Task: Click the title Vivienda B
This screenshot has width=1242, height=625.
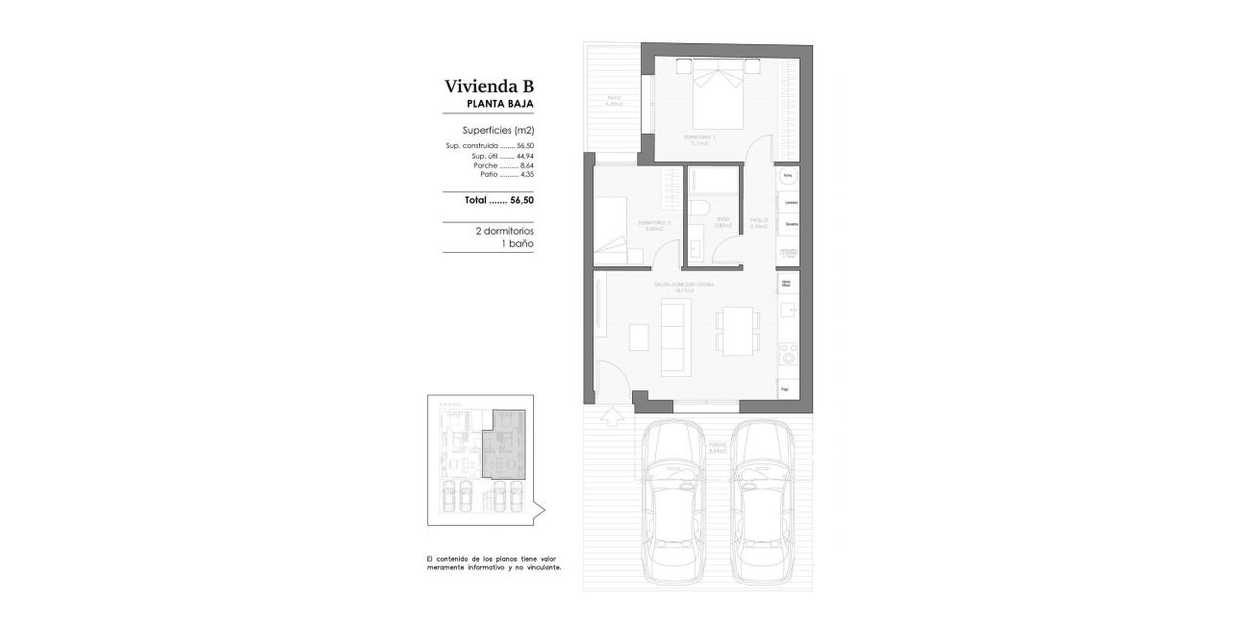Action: pos(489,85)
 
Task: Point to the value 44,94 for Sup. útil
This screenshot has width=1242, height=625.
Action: pos(524,156)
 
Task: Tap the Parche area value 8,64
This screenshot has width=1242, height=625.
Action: pos(524,165)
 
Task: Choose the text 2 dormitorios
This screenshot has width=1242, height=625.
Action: pos(504,232)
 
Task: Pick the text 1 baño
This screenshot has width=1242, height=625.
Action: pos(518,244)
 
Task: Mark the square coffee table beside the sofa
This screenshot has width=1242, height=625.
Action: pos(640,337)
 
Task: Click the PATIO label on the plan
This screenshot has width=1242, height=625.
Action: pos(615,99)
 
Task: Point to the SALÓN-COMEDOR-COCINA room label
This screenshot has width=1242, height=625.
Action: pos(684,286)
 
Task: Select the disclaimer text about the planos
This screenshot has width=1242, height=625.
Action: pos(493,562)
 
